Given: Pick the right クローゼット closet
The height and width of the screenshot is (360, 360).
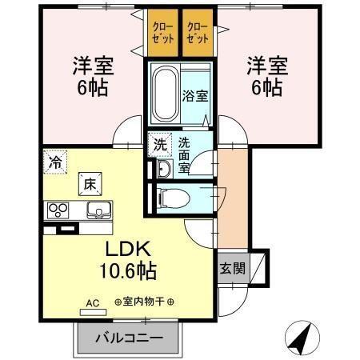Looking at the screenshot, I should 197,35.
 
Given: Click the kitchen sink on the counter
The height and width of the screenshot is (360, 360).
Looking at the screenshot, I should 100,210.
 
